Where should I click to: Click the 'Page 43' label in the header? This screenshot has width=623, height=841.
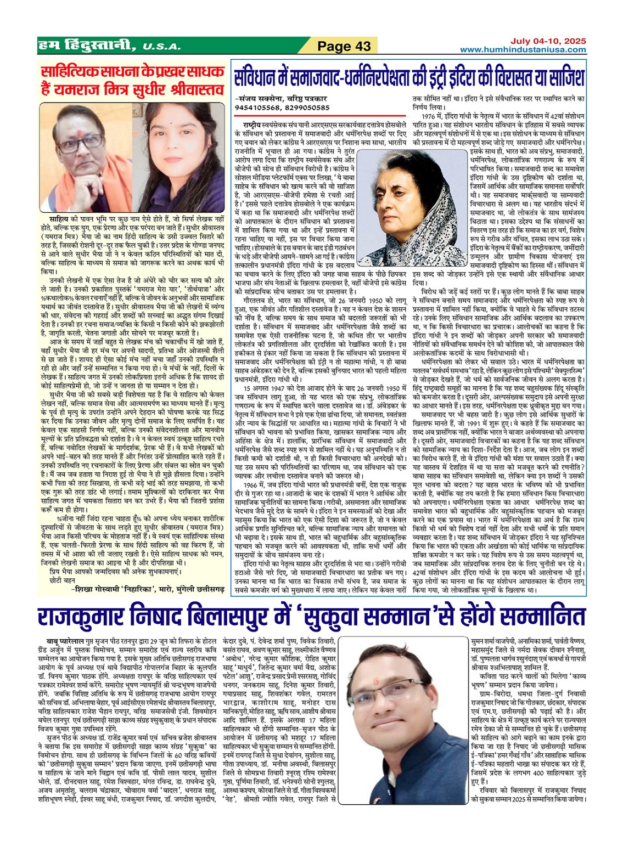point(344,47)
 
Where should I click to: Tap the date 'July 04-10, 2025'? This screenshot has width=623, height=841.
point(548,41)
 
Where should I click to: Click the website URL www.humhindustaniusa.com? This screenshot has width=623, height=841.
point(523,50)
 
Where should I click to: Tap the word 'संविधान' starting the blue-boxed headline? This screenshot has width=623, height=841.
point(257,77)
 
